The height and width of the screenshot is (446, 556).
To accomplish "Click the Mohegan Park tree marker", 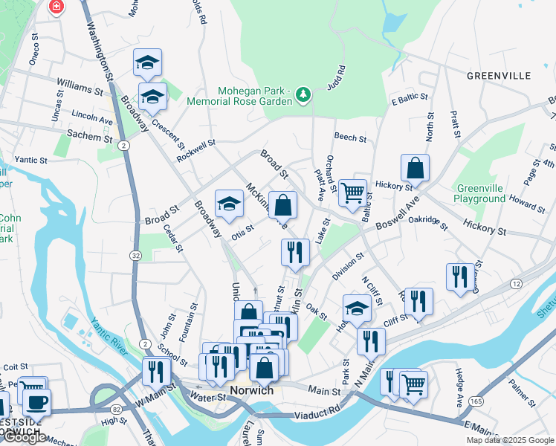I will [x=303, y=94].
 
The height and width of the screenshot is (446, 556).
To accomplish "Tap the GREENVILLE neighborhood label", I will [x=499, y=76].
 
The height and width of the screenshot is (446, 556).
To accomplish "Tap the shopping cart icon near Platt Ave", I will [x=352, y=193].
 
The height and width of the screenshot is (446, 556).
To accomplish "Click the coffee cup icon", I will [x=36, y=401].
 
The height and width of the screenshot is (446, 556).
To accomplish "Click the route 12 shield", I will [x=516, y=284].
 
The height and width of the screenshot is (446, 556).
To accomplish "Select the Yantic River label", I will [x=109, y=331].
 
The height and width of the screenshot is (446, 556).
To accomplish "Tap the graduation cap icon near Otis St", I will [x=230, y=203].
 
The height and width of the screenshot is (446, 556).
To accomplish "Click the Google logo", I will [x=23, y=437].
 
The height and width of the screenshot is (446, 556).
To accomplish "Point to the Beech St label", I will [x=350, y=138].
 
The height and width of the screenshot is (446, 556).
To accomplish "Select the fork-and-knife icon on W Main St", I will [x=156, y=370].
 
